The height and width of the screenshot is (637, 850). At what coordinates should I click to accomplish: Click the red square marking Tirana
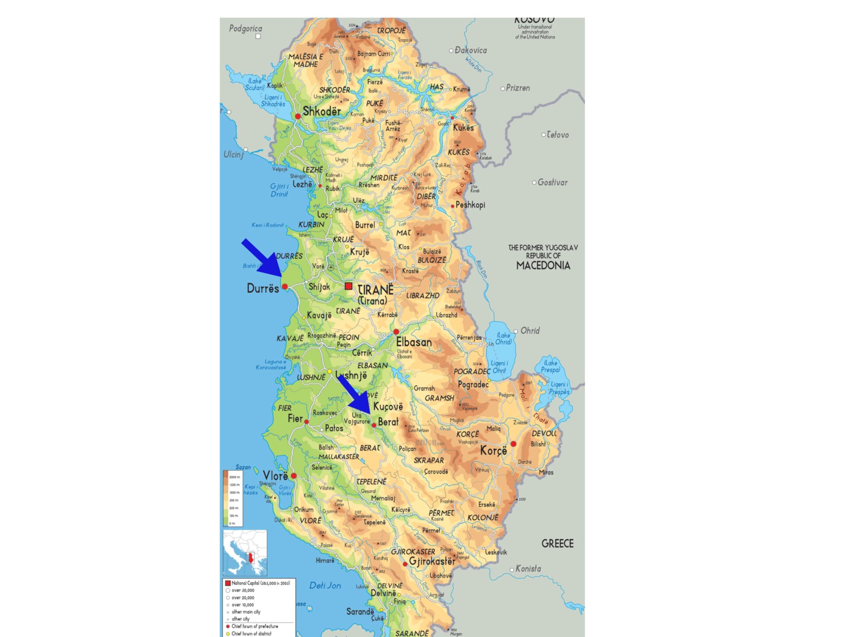(348, 286)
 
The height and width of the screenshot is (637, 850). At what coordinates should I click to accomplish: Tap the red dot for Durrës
(285, 287)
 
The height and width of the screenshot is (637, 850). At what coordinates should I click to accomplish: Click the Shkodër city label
(322, 112)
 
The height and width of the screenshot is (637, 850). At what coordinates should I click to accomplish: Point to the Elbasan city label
(413, 342)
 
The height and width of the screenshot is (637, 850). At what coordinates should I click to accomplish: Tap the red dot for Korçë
(513, 444)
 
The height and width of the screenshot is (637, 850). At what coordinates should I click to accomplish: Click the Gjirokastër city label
(432, 561)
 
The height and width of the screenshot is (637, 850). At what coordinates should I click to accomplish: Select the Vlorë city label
(275, 476)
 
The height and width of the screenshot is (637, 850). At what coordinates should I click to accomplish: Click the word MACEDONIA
(543, 266)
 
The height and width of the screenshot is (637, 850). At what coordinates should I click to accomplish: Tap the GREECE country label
(557, 544)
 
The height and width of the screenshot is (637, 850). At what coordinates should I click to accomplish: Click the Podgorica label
(246, 29)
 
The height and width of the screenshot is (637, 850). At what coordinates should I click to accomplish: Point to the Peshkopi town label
(470, 205)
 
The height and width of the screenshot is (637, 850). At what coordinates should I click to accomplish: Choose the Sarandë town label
(360, 612)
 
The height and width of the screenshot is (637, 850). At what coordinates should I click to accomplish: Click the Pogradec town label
(473, 384)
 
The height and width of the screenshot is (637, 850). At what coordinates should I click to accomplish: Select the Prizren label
(518, 88)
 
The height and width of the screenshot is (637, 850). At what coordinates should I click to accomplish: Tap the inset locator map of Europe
(245, 553)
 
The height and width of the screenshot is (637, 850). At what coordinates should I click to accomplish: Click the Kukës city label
(463, 128)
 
